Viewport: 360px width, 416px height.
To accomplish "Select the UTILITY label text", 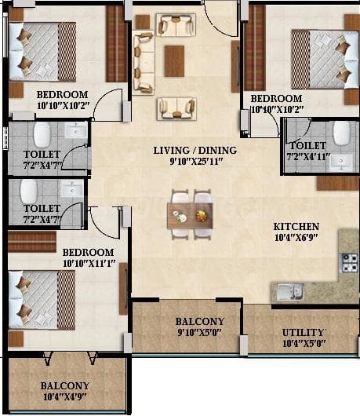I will pyautogui.click(x=303, y=332).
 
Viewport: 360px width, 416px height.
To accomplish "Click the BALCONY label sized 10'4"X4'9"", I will pyautogui.click(x=64, y=385).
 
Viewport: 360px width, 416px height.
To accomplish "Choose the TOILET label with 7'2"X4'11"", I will pyautogui.click(x=308, y=145).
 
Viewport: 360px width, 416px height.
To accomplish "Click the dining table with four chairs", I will pyautogui.click(x=191, y=214).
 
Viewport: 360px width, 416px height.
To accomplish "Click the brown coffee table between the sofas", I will pyautogui.click(x=174, y=60).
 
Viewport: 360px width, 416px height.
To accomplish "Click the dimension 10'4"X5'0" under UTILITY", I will pyautogui.click(x=303, y=344).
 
